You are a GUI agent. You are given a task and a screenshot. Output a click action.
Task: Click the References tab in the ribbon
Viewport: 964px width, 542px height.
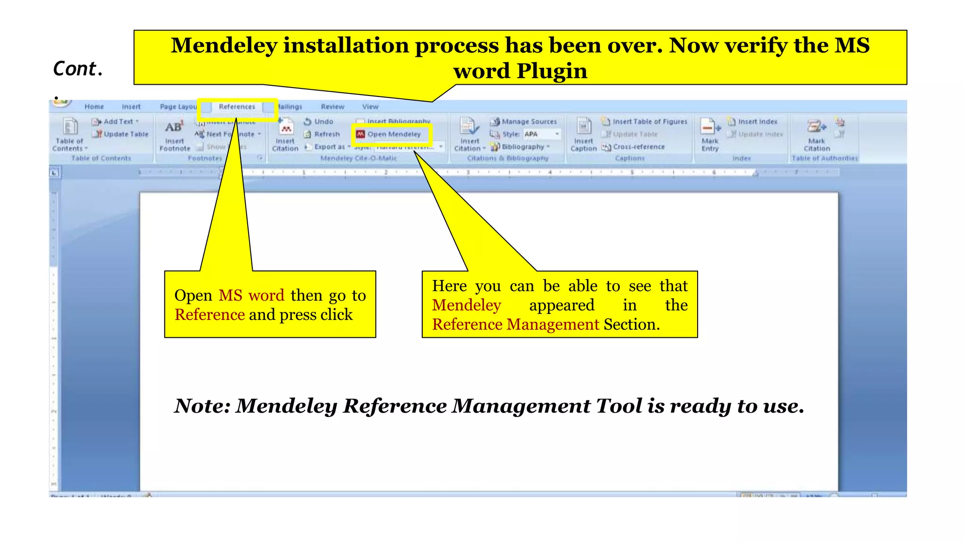pos(237,107)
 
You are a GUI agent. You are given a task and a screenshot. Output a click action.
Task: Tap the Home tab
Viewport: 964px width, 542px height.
pos(94,107)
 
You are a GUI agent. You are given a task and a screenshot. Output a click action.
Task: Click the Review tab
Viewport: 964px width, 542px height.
pos(332,107)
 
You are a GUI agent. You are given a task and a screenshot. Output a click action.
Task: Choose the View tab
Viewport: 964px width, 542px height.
pos(370,107)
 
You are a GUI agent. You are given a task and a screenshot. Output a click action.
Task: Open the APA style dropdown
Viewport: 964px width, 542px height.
pos(557,134)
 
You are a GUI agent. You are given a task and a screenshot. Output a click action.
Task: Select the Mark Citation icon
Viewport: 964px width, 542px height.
pos(817,127)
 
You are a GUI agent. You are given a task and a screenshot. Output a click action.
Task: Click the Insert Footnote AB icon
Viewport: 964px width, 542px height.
pos(174,127)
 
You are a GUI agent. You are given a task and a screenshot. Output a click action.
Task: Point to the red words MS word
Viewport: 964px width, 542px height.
pos(251,295)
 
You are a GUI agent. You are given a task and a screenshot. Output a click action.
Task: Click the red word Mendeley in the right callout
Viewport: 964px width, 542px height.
pos(466,305)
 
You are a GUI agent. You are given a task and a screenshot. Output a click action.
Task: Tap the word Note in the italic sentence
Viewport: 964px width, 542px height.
pos(202,406)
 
